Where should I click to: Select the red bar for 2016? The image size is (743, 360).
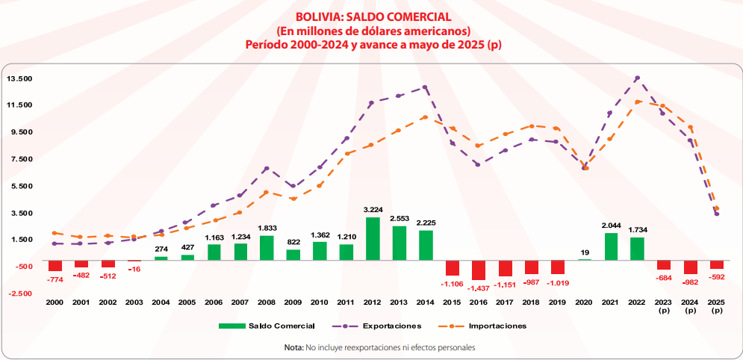pos(478,270)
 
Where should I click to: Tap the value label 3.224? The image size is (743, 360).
pos(373,210)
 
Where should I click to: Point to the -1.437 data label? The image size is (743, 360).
pos(478,288)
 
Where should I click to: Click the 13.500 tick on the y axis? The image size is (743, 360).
pos(19,78)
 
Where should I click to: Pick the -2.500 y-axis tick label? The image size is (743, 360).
pos(21,293)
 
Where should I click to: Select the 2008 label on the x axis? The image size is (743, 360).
pos(266,302)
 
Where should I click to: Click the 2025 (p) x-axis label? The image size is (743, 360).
pos(717,306)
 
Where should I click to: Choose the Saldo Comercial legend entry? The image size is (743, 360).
pos(266,326)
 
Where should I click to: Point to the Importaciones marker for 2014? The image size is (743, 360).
pos(425,117)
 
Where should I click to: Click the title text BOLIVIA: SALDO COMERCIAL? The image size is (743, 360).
pos(373,16)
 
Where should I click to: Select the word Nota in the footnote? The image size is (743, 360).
pos(293,347)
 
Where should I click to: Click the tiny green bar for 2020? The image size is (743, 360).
pos(584,259)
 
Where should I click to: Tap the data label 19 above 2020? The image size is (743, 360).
pos(584,252)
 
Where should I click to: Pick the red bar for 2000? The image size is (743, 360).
pos(55,265)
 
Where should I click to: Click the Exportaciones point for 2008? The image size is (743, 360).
pos(266,169)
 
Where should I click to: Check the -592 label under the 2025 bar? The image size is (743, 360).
pos(717,276)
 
